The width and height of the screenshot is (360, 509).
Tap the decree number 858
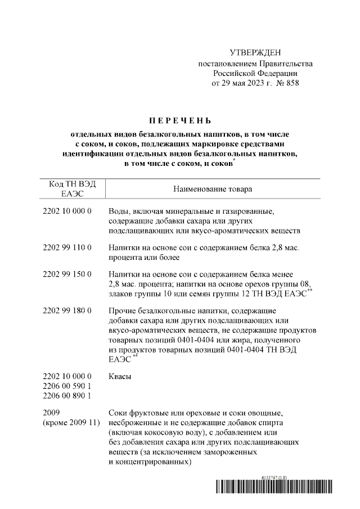[x=291, y=83]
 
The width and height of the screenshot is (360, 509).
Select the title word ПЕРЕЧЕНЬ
[x=179, y=120]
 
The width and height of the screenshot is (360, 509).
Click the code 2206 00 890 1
[x=67, y=396]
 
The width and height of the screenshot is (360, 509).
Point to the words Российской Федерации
[x=255, y=73]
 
